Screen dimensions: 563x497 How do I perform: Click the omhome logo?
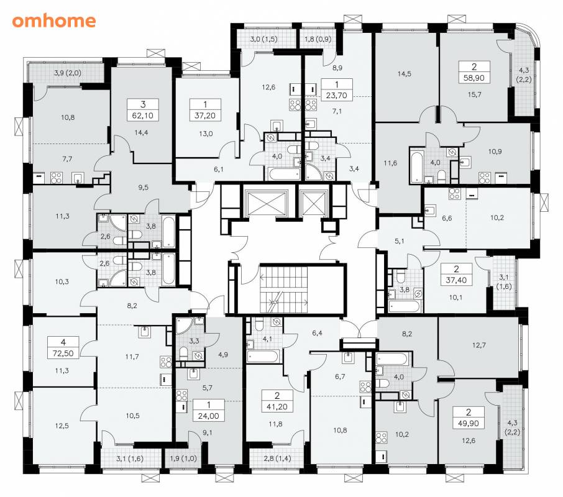pos(54,21)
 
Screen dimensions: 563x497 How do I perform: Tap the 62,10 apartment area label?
pos(143,116)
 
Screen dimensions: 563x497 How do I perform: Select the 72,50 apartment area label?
pos(63,353)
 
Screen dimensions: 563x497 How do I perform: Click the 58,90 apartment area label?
pos(474,78)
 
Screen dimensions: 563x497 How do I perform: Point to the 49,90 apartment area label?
pos(468,424)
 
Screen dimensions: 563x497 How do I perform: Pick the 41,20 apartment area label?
pos(277,406)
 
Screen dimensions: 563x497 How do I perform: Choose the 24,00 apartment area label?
pos(209,416)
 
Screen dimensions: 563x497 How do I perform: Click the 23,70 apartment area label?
pos(336,96)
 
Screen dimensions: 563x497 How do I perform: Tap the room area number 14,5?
pos(405,74)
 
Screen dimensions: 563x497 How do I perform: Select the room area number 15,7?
pos(474,94)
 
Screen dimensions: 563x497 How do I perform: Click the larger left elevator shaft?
pos(266,202)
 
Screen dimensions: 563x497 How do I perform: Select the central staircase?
pos(284,290)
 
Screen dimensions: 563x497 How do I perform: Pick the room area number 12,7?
pos(479,345)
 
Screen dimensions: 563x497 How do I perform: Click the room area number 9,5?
pos(143,188)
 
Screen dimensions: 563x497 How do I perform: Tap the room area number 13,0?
pos(206,134)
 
